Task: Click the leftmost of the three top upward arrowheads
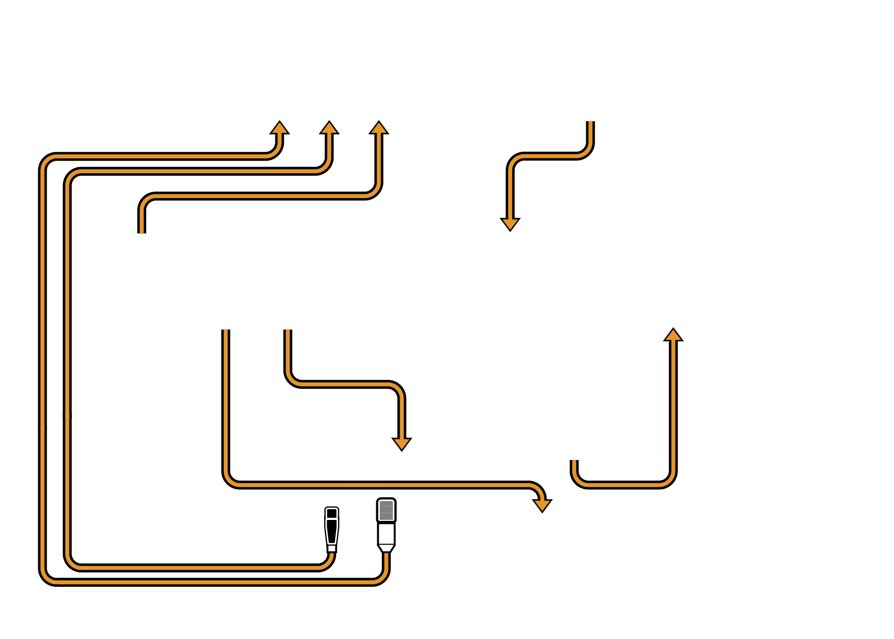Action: [x=279, y=128]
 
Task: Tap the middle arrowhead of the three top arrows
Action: [x=329, y=128]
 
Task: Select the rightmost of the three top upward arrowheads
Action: [x=379, y=128]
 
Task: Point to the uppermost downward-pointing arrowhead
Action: [x=510, y=224]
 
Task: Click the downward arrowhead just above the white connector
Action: [x=402, y=444]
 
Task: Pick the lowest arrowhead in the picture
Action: [x=542, y=505]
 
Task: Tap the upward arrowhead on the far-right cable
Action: [x=673, y=335]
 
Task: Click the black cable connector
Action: [x=332, y=528]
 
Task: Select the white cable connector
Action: [x=386, y=525]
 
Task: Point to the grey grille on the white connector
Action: [x=386, y=510]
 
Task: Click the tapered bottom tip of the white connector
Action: [x=386, y=548]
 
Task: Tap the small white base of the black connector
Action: [x=332, y=548]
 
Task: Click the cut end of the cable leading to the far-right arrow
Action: [x=574, y=462]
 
